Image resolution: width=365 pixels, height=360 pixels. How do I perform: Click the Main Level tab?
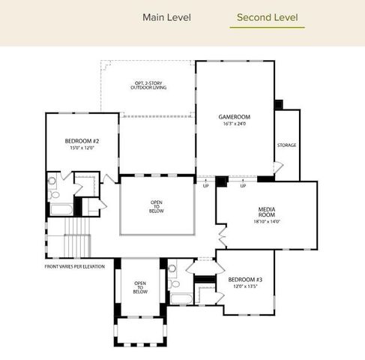(166, 16)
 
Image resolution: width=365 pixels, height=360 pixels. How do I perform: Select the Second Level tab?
(267, 16)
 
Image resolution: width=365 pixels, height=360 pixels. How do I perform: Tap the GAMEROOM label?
(234, 117)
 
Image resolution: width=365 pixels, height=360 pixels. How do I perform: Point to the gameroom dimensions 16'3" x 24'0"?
(234, 124)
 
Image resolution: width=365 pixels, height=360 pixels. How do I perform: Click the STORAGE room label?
(286, 145)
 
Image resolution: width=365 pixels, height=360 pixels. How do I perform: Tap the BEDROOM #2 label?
(82, 141)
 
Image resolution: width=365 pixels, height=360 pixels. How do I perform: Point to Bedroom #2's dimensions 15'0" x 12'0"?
(82, 148)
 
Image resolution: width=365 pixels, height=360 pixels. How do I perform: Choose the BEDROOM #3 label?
(244, 279)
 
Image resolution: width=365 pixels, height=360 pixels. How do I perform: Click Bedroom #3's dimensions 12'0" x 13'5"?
(244, 286)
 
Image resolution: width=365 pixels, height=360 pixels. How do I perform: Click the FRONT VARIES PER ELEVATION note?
(74, 266)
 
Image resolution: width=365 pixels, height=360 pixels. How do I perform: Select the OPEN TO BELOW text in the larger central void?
(157, 206)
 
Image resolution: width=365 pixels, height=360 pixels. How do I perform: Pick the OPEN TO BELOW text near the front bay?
(139, 287)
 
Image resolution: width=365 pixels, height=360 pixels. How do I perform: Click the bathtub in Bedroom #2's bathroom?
(59, 209)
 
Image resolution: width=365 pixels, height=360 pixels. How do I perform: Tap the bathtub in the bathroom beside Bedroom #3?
(182, 298)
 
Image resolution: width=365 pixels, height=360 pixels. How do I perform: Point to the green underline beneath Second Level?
(267, 28)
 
